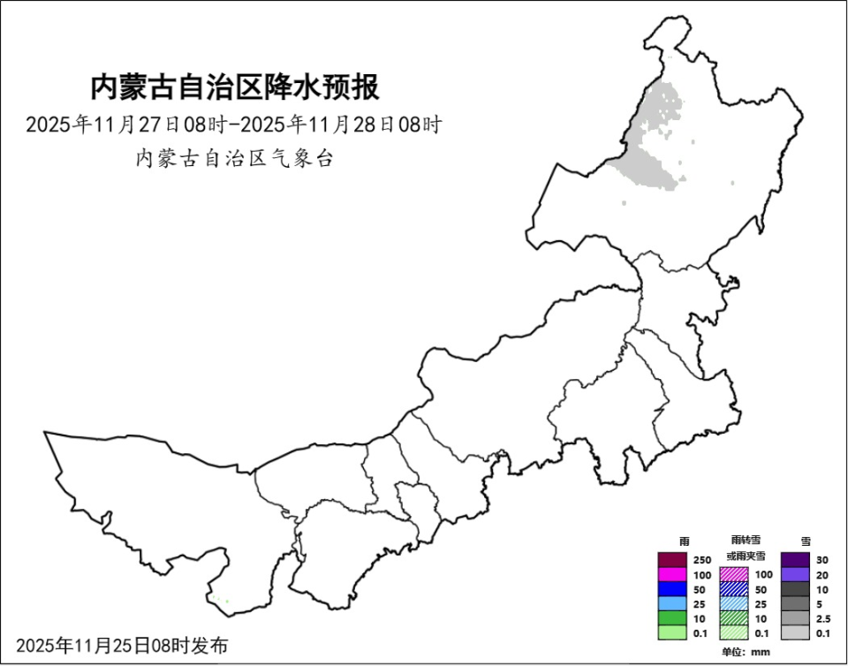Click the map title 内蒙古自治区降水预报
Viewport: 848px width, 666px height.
(235, 88)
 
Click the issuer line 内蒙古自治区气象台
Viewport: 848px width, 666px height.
(235, 159)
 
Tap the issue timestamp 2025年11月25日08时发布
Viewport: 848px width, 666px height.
(122, 646)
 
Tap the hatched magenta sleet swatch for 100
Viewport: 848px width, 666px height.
(734, 575)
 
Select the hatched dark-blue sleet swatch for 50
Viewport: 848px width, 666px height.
(734, 589)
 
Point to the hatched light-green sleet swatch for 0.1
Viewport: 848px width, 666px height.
(734, 632)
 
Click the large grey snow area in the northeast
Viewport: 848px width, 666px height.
(652, 166)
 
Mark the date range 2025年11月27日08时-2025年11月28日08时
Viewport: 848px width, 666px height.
(233, 125)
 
